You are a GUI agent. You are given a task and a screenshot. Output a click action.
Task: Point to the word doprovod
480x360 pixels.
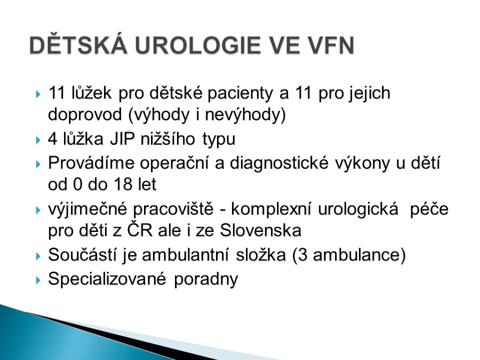click(x=85, y=115)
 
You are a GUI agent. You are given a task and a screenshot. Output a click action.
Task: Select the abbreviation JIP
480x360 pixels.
click(x=122, y=139)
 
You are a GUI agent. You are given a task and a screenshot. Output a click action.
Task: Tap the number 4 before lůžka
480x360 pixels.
click(x=53, y=139)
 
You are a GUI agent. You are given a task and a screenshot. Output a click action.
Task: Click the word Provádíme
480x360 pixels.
click(x=91, y=163)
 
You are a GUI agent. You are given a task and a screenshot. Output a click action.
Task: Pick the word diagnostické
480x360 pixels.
click(x=279, y=163)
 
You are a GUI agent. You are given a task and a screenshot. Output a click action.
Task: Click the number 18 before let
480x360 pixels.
click(x=123, y=185)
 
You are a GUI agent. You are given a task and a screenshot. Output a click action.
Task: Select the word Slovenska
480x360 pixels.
click(x=260, y=230)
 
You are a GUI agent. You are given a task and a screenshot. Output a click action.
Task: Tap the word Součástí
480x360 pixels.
click(x=82, y=255)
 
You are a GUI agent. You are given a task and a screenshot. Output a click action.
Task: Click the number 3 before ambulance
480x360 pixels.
click(x=302, y=255)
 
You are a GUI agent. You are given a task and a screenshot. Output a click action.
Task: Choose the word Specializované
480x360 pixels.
click(x=107, y=279)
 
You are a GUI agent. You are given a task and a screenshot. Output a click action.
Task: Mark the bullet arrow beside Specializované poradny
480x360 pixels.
click(x=38, y=280)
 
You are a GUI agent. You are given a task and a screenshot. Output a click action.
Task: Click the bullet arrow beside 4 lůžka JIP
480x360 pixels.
click(x=38, y=140)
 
